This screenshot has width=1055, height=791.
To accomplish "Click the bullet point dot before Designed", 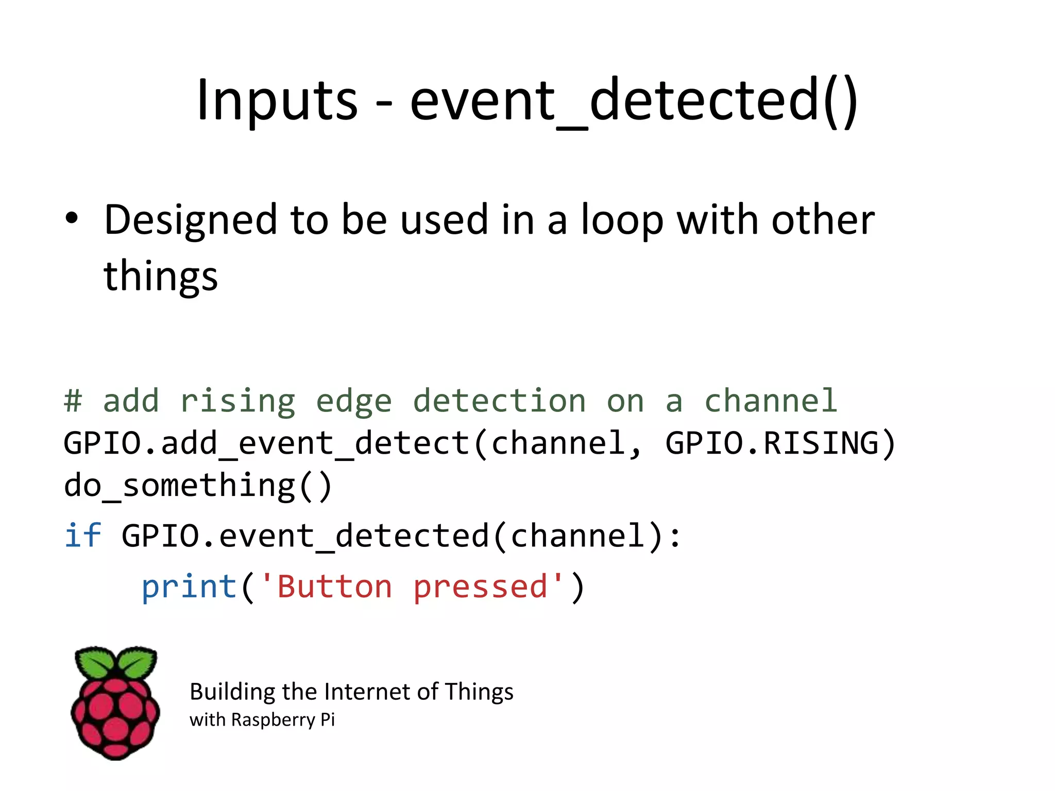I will [72, 218].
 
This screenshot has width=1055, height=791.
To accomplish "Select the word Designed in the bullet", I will [191, 220].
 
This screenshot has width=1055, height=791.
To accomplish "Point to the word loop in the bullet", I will [622, 220].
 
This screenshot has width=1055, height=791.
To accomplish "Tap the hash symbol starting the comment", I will [73, 401].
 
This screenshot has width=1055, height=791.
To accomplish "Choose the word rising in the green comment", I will [238, 401].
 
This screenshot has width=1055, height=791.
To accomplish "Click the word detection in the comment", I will [499, 401].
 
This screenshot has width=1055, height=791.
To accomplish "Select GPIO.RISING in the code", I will [780, 443].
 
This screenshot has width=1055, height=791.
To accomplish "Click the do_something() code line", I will [198, 486].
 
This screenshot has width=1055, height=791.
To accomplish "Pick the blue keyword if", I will [82, 536].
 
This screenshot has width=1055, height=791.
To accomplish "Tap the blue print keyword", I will [189, 587].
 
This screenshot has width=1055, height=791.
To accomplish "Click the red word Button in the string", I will [334, 587].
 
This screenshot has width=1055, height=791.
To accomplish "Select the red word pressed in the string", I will [480, 587].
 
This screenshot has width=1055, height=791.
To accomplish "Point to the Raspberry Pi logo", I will [115, 703].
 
